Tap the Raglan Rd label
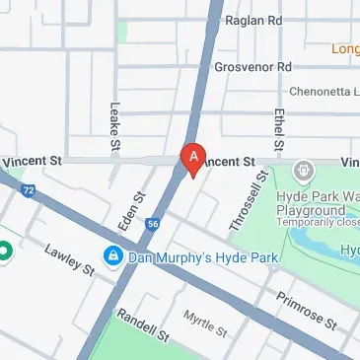[x=253, y=20]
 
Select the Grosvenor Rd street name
[x=253, y=67]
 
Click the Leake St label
[x=115, y=127]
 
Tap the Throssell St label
[x=250, y=203]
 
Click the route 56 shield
[x=153, y=225]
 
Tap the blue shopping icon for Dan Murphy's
[x=113, y=257]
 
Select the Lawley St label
[x=70, y=258]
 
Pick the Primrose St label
[x=306, y=310]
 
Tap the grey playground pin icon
[x=304, y=169]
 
